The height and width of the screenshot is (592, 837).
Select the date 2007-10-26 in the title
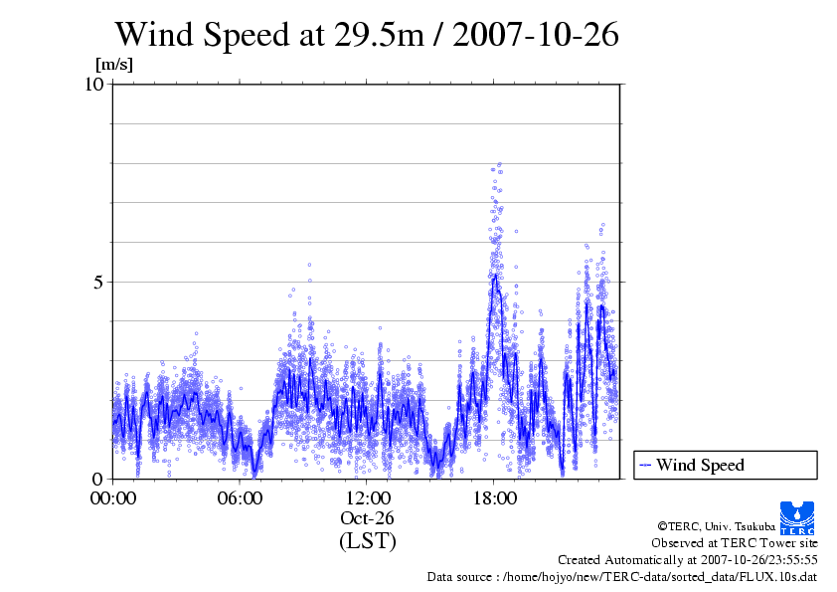point(537,35)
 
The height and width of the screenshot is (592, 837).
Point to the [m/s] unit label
point(113,65)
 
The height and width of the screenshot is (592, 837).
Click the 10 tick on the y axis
point(94,85)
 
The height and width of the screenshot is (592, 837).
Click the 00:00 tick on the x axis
point(113,497)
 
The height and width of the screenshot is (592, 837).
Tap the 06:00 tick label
point(241,497)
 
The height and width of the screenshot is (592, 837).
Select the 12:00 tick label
point(368,497)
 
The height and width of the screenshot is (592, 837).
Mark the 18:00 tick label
point(495,497)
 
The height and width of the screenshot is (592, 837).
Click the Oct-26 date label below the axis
point(368,518)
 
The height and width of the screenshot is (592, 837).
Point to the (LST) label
point(368,541)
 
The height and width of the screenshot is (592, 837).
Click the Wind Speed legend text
point(700,465)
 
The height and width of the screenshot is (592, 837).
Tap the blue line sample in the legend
point(646,465)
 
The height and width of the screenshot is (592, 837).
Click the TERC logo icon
point(798,513)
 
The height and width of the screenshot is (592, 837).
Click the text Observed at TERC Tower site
point(735,543)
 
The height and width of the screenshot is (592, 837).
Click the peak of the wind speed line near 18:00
point(494,275)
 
